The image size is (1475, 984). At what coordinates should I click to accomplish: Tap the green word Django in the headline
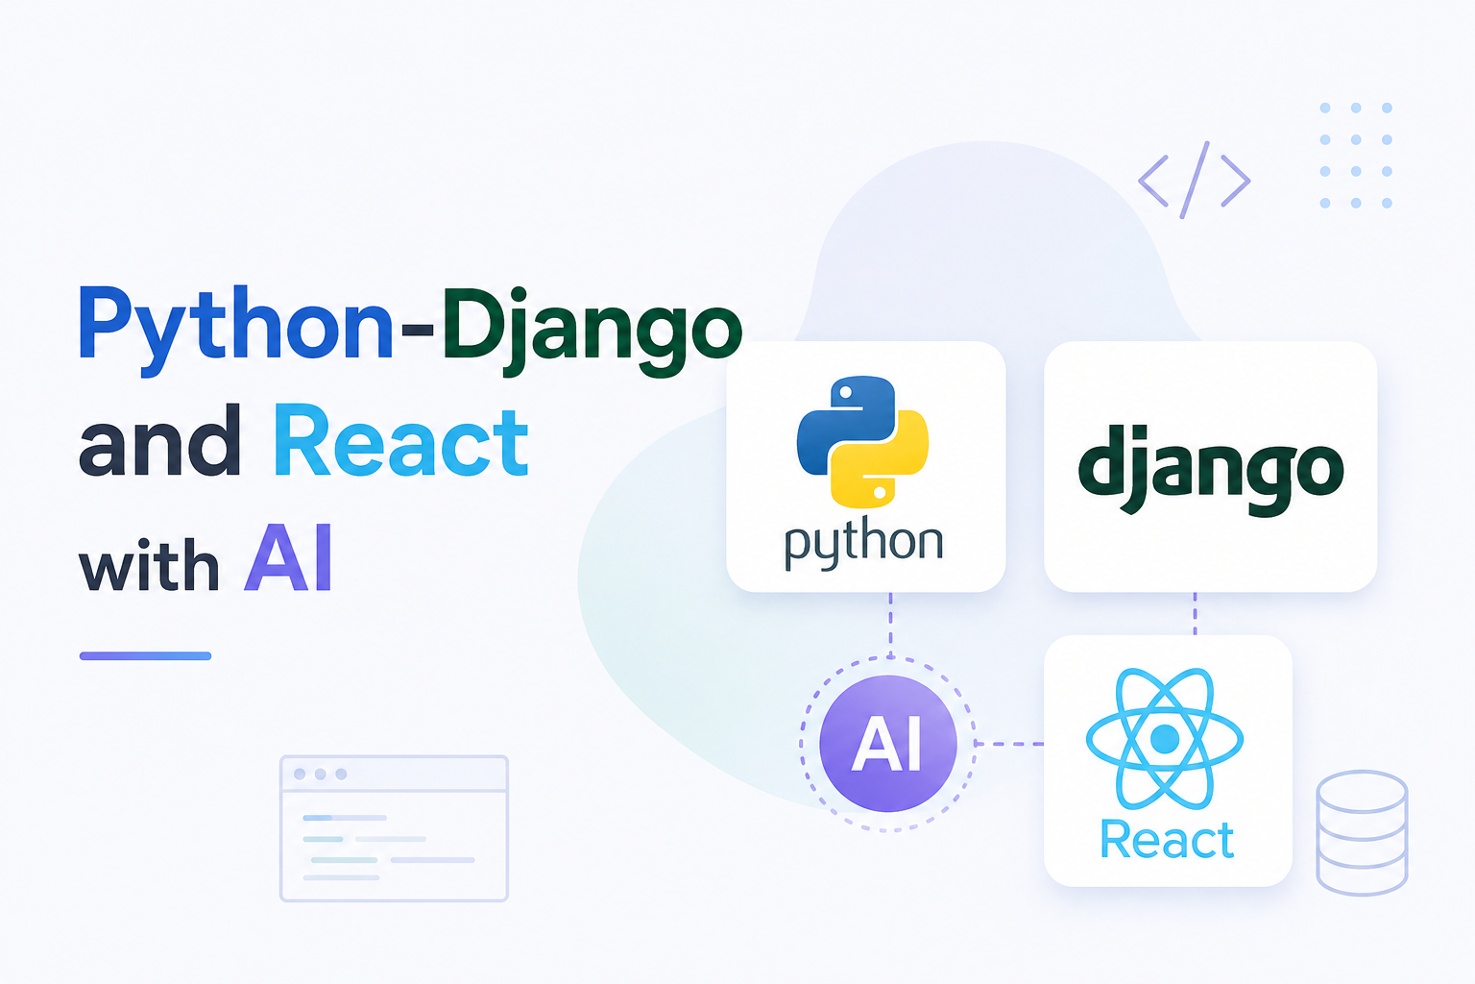[592, 332]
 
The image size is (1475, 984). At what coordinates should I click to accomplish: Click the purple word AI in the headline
[289, 557]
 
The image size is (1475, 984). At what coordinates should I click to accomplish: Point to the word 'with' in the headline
[149, 564]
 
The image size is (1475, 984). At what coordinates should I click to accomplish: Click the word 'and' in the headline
[159, 440]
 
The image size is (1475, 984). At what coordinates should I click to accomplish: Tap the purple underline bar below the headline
[146, 655]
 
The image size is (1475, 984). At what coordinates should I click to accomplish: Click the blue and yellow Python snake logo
[862, 442]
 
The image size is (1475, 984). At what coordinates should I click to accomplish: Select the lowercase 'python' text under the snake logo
[864, 543]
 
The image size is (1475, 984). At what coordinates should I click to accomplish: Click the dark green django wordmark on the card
[1210, 469]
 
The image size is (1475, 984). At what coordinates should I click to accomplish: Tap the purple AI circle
[887, 744]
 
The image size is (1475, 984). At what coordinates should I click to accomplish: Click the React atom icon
[1164, 738]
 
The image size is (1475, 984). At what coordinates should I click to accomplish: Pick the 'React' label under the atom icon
[1167, 840]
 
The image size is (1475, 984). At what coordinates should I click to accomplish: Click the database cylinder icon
[1362, 833]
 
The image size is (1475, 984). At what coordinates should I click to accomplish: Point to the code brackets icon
[1194, 180]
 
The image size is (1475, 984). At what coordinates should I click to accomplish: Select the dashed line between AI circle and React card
[1009, 744]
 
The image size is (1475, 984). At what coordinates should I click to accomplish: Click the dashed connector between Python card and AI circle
[890, 625]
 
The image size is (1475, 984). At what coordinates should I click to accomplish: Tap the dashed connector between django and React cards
[1196, 614]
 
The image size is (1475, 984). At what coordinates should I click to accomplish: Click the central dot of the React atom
[1164, 738]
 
